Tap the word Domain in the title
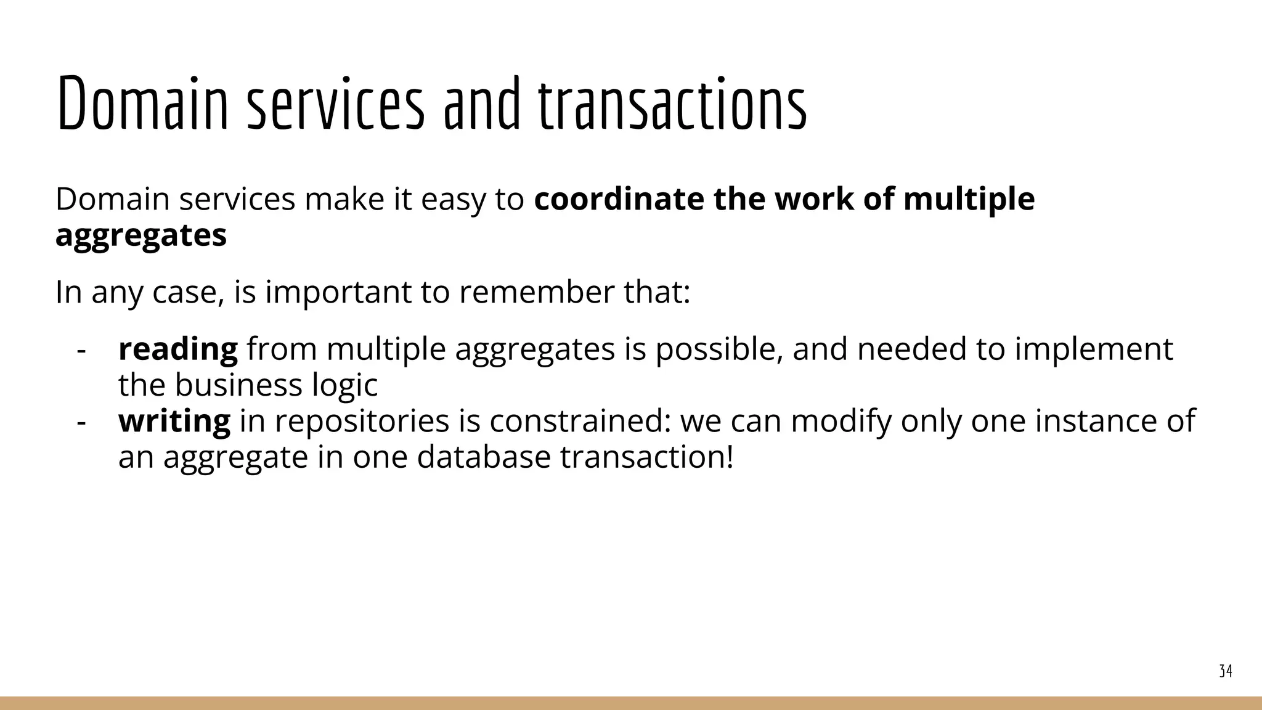[x=142, y=104]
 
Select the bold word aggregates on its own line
[x=141, y=235]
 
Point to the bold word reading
[x=177, y=349]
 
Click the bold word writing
[x=174, y=422]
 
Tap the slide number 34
[x=1226, y=671]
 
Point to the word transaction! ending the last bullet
[x=647, y=457]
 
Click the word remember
[x=536, y=292]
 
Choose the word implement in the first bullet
[x=1094, y=349]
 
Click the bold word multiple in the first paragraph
[x=969, y=199]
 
